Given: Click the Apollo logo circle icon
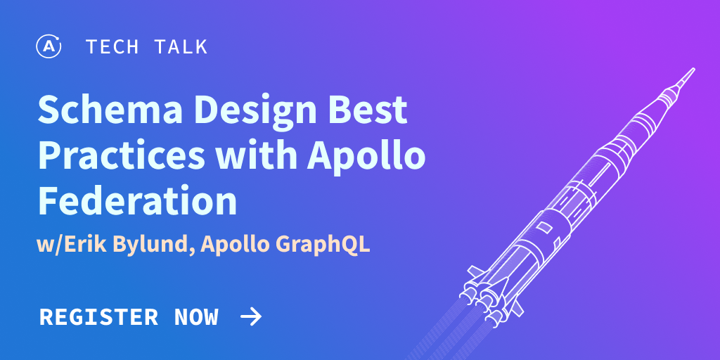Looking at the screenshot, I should [x=49, y=47].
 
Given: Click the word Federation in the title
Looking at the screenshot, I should [x=137, y=201].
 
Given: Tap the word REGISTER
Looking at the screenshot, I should [x=98, y=317].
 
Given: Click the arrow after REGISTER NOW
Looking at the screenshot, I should [x=251, y=317].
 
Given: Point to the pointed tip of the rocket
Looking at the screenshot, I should [x=691, y=70].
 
